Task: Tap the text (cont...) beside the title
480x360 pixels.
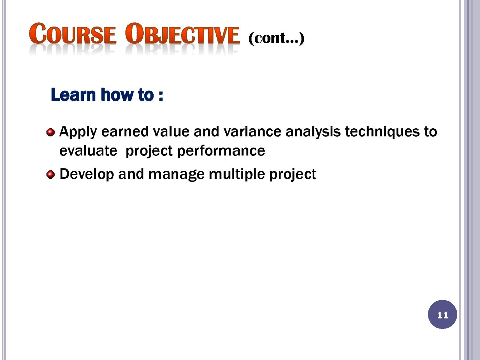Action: (276, 38)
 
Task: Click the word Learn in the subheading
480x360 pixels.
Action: (73, 94)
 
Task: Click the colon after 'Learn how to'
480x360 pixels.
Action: (161, 96)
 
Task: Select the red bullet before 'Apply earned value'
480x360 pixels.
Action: (50, 132)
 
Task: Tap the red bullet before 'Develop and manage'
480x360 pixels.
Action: (50, 174)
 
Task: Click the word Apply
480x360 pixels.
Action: (78, 132)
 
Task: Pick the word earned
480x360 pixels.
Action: (125, 132)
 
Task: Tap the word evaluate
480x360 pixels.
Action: (88, 151)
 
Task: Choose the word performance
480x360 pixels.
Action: (221, 151)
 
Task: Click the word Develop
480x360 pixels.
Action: (87, 174)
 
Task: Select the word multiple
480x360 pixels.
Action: (237, 174)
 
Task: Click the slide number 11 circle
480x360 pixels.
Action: (442, 314)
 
